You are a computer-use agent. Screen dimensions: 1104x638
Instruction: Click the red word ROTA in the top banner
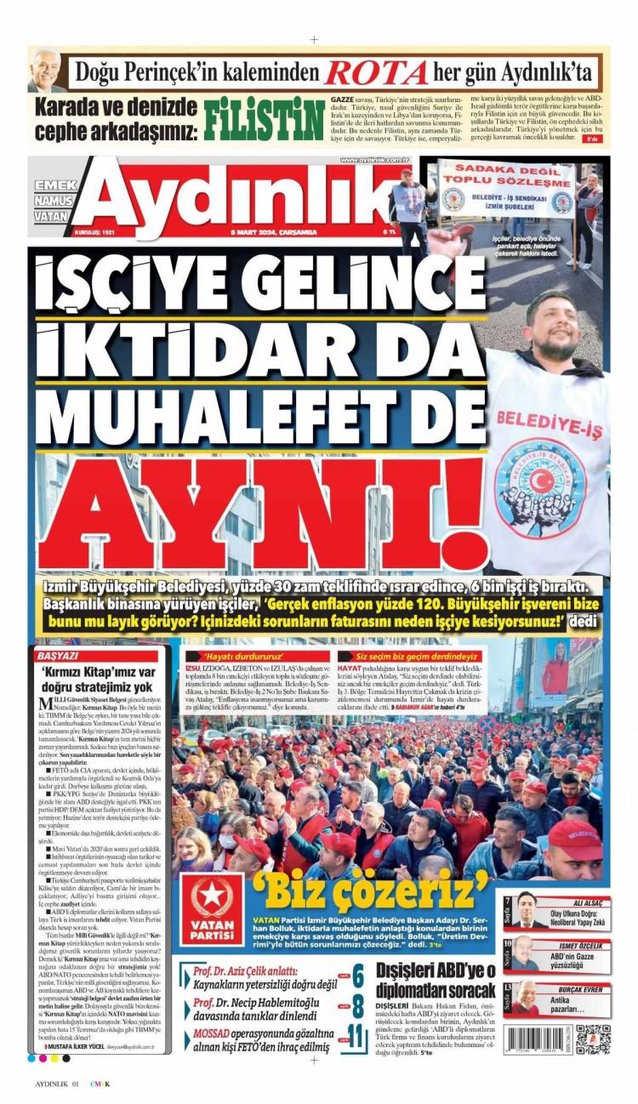click(376, 72)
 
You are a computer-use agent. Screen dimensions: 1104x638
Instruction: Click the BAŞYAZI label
click(58, 656)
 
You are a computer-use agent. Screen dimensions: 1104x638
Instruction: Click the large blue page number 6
click(358, 977)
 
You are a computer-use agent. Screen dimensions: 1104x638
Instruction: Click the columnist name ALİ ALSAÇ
click(588, 902)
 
